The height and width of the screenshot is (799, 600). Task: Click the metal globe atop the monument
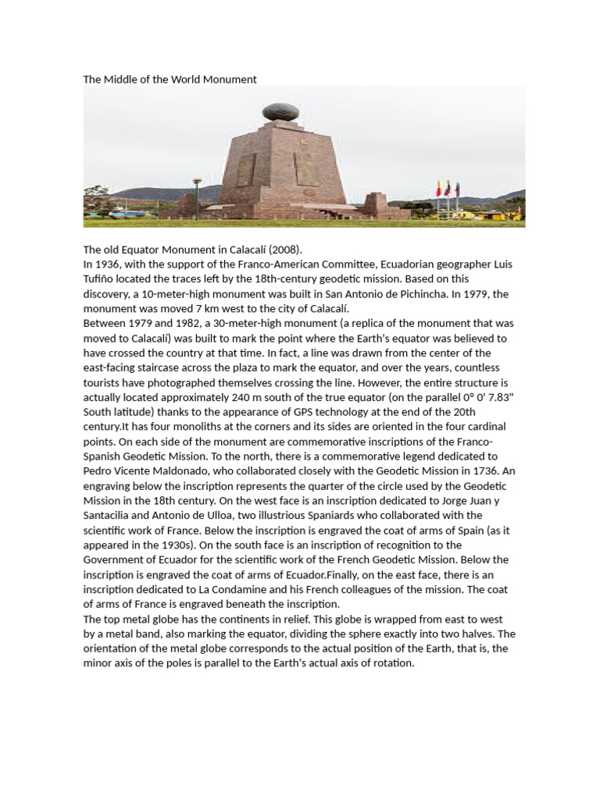(279, 112)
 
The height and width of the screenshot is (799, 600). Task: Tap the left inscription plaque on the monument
(246, 169)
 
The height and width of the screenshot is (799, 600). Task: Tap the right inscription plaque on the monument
(306, 169)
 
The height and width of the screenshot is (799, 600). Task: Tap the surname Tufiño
(100, 279)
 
